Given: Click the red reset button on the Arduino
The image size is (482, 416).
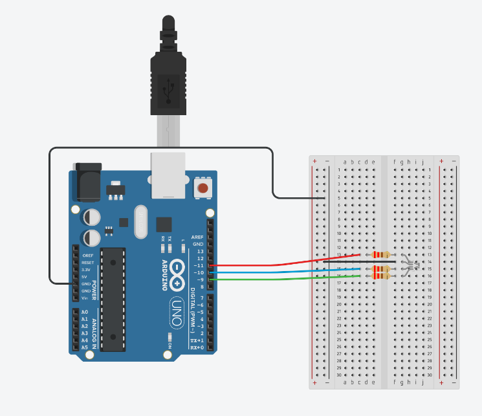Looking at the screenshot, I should click(203, 188).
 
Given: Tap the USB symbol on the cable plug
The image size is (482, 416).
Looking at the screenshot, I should click(169, 90).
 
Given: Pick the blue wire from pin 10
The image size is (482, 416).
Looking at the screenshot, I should click(285, 272).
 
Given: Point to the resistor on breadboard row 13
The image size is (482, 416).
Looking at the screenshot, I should click(380, 255).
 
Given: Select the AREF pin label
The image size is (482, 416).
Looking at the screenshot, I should click(197, 237).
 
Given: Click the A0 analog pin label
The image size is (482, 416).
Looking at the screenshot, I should click(84, 312).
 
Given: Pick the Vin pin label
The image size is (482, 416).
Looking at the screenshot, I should click(85, 298).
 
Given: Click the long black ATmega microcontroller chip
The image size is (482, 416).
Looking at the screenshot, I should click(114, 298).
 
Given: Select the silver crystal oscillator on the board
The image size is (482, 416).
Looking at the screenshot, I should click(142, 222).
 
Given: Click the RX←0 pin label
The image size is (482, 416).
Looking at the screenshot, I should click(195, 347).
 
